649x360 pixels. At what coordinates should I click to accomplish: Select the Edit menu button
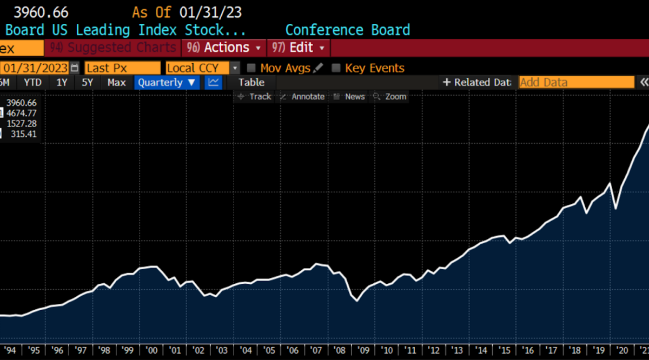pyautogui.click(x=301, y=48)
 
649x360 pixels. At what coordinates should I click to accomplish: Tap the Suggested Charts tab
pyautogui.click(x=113, y=48)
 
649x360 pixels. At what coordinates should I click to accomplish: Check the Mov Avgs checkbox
pyautogui.click(x=251, y=68)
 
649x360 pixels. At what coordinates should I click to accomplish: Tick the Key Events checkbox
pyautogui.click(x=336, y=68)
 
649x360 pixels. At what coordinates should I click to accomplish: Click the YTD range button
pyautogui.click(x=33, y=82)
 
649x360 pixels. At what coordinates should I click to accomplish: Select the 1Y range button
pyautogui.click(x=62, y=82)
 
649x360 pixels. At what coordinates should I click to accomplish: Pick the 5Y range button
pyautogui.click(x=88, y=82)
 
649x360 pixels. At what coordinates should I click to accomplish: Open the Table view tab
pyautogui.click(x=251, y=82)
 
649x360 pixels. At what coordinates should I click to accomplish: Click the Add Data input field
pyautogui.click(x=577, y=82)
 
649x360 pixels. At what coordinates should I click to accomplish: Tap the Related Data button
pyautogui.click(x=476, y=82)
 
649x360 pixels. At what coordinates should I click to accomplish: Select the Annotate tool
pyautogui.click(x=302, y=97)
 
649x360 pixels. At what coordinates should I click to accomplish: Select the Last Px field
pyautogui.click(x=123, y=68)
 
